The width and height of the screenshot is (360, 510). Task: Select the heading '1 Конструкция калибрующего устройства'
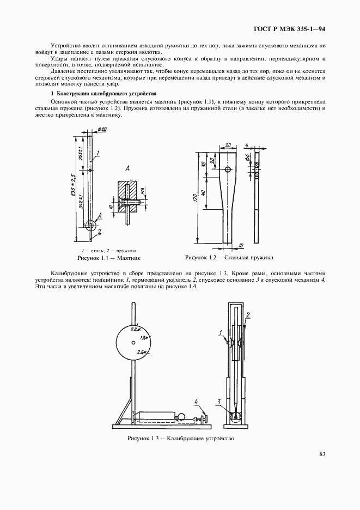103,94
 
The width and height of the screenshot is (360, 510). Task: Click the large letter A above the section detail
127,169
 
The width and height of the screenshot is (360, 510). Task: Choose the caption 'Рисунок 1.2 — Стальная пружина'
229,257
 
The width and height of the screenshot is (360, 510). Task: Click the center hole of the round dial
133,343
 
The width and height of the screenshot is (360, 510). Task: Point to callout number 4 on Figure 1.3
196,403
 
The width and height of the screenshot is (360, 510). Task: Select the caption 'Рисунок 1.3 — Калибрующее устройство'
180,439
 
